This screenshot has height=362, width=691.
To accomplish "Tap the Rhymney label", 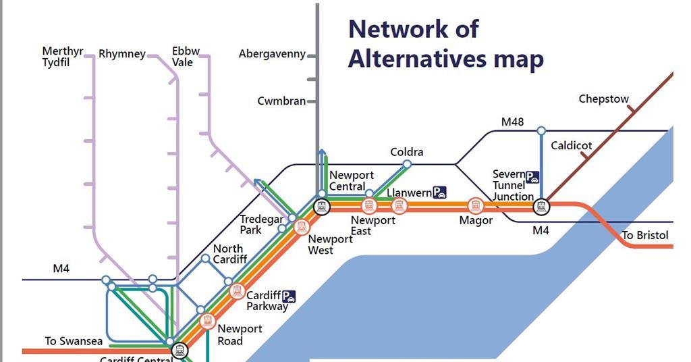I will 121,54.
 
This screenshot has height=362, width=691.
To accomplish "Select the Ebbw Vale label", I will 186,57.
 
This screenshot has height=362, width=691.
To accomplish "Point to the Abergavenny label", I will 272,54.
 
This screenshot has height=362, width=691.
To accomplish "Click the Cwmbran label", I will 281,101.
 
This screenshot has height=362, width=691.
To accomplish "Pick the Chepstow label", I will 603,99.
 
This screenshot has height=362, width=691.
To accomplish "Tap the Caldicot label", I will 571,145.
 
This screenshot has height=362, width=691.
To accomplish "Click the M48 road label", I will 512,122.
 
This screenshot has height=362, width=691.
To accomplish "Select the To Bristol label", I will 644,235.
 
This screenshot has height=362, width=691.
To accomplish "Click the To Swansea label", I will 74,341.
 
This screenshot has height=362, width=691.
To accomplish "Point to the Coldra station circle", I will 407,164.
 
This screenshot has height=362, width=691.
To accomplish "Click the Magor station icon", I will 476,205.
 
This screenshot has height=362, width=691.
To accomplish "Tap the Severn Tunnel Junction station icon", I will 541,206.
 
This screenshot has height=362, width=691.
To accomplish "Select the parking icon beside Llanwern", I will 440,192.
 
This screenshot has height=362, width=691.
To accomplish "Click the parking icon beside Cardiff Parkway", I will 289,296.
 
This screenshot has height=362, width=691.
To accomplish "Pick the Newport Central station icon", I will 322,206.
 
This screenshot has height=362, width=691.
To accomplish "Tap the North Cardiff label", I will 230,254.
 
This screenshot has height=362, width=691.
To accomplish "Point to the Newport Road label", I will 240,335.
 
